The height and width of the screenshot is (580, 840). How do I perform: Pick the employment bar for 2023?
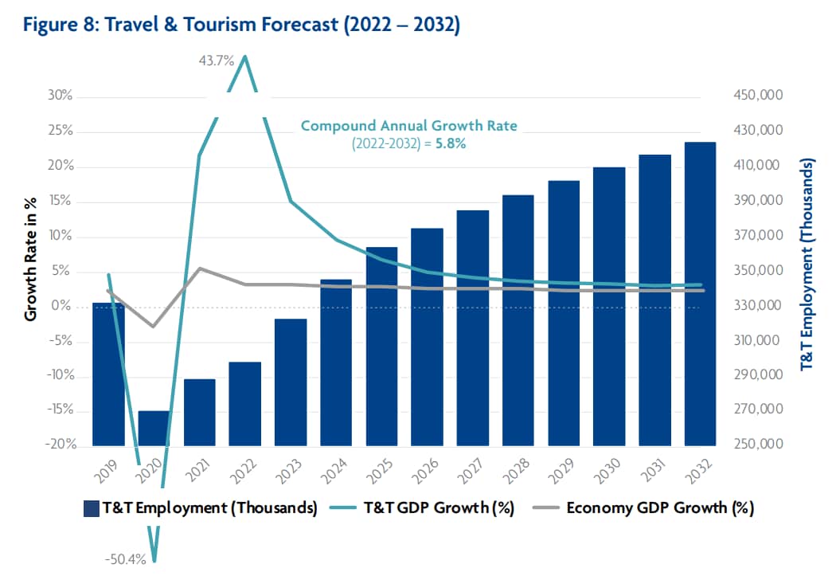click(291, 382)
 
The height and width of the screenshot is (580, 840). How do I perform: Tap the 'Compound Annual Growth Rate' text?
click(408, 126)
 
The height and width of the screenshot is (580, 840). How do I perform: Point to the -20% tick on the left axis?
click(57, 445)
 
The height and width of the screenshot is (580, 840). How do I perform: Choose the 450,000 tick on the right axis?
click(756, 96)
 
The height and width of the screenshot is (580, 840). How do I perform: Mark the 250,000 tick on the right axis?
click(756, 445)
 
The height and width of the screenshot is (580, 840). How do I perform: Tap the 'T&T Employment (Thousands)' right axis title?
click(806, 263)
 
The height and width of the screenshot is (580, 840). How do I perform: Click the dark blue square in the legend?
click(90, 508)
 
